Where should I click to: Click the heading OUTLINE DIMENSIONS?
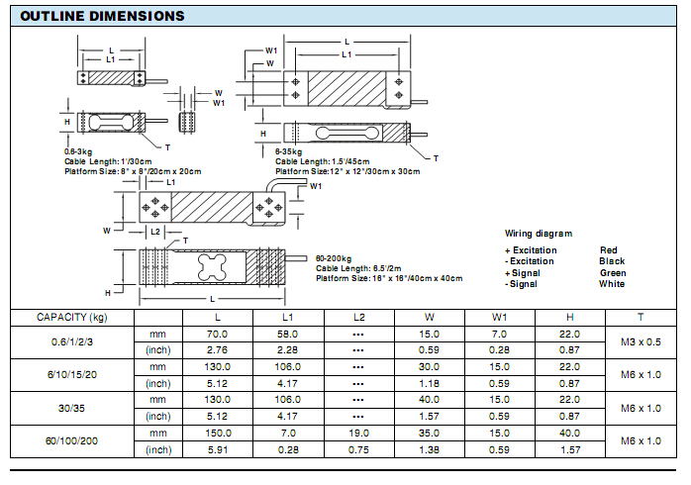[102, 16]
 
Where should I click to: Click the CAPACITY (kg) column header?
[71, 317]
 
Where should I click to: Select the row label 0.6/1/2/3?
[71, 342]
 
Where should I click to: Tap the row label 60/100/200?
[71, 441]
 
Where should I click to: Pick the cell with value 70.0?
[218, 335]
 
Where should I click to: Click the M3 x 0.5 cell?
[640, 342]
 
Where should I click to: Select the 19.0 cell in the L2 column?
[358, 434]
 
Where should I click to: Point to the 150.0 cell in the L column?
[218, 434]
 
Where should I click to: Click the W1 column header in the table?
[499, 317]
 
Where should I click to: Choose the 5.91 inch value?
[218, 450]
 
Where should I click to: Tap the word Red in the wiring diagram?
[608, 250]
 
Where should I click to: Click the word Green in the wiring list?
[612, 272]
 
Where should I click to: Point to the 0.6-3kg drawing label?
[78, 150]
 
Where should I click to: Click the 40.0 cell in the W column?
[429, 400]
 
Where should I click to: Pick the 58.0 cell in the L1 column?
[288, 335]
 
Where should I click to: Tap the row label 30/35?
[71, 408]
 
